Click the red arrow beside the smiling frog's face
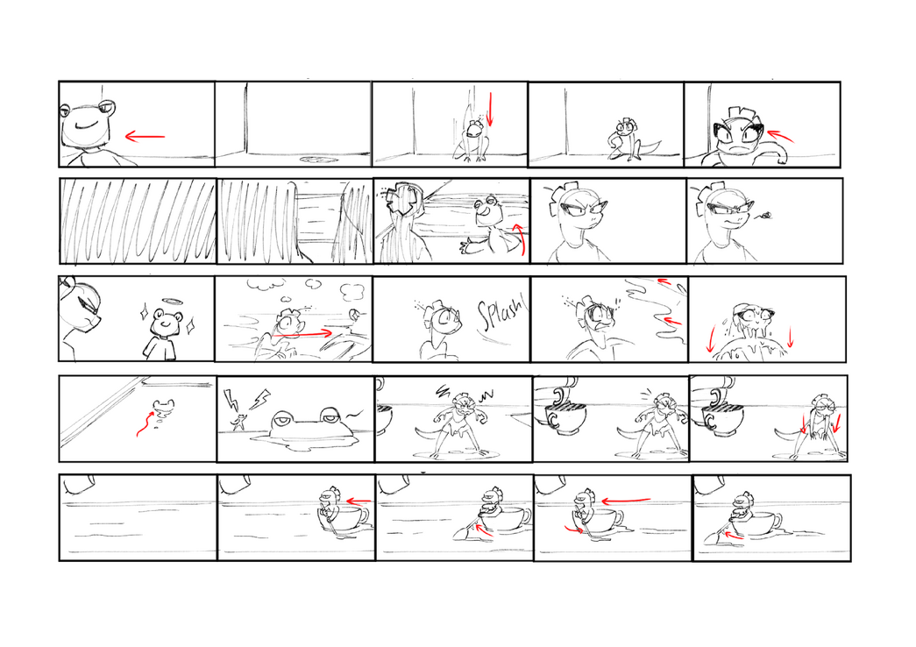tap(145, 138)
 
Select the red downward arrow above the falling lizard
tap(489, 109)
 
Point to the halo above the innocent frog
tap(171, 302)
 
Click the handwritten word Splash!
tap(501, 316)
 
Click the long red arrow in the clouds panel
tap(302, 334)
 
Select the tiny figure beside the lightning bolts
tap(238, 422)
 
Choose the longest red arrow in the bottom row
tap(626, 501)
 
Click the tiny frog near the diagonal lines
tap(162, 406)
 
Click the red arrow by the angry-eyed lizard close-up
tap(780, 136)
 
